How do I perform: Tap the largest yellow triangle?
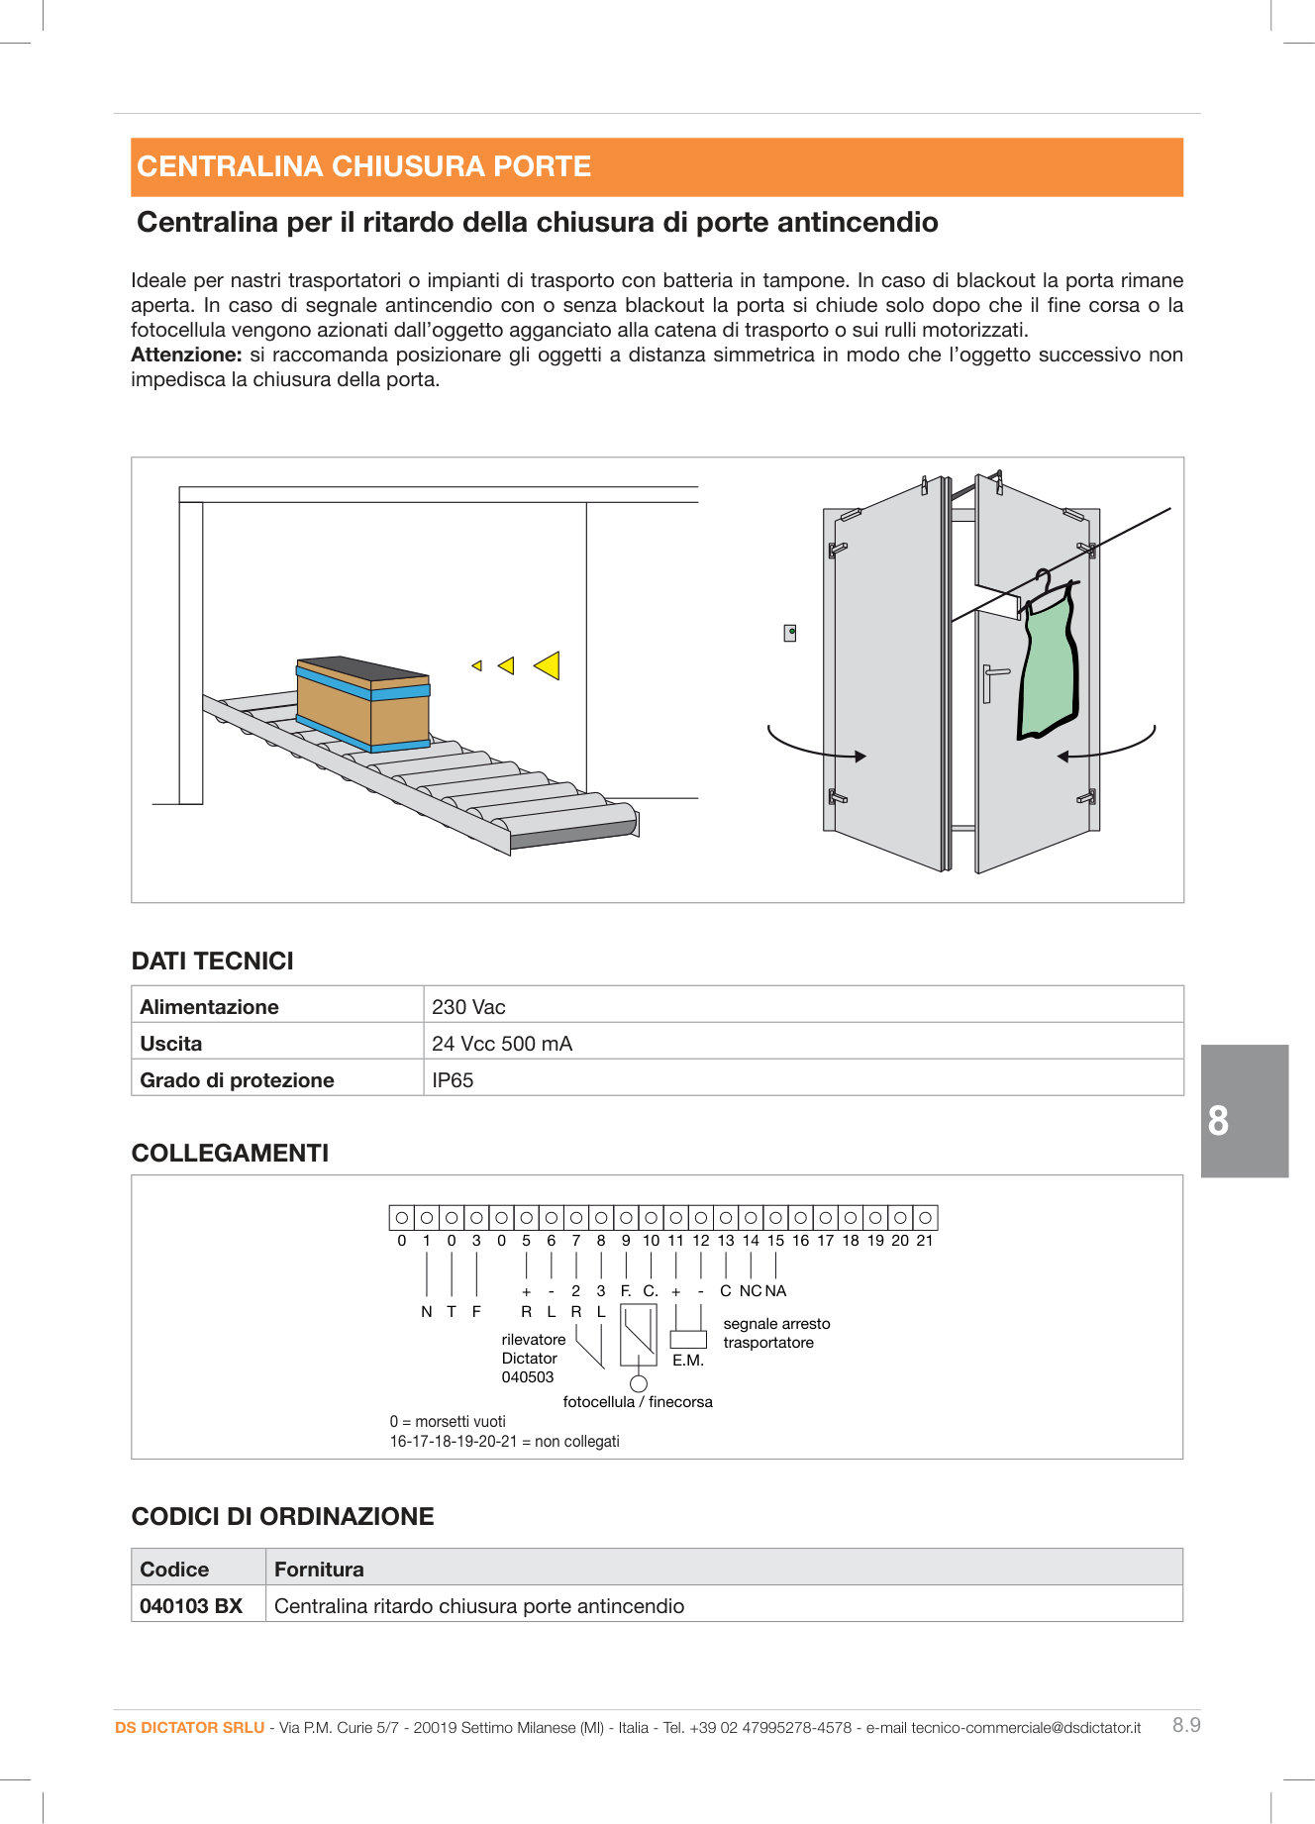[549, 665]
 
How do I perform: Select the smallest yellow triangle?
[477, 665]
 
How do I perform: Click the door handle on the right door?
[993, 681]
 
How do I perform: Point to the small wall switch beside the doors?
[790, 632]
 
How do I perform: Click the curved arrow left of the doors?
[814, 748]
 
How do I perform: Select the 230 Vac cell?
[468, 1006]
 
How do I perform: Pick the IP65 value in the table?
[453, 1079]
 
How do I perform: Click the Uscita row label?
[171, 1043]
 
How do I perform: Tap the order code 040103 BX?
[191, 1605]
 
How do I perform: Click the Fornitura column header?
[319, 1569]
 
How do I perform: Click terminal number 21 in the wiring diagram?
[925, 1240]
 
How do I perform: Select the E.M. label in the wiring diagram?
[688, 1361]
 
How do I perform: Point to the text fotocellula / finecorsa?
[638, 1401]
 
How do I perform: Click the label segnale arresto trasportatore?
[775, 1333]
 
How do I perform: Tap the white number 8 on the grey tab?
[1219, 1120]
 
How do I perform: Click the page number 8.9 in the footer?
[1186, 1725]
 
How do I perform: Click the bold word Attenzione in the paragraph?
[186, 355]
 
